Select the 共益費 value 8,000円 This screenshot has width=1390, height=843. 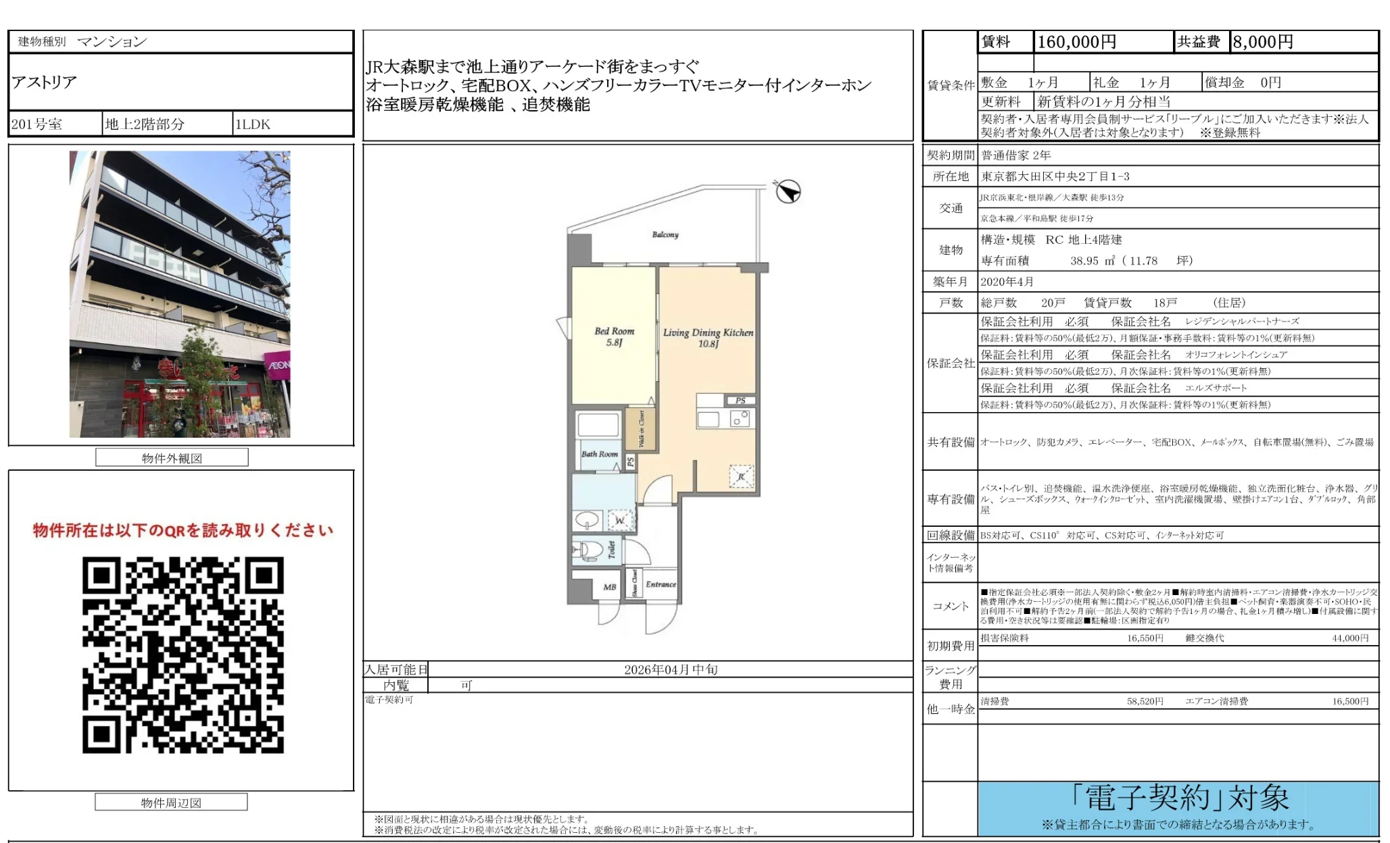point(1262,42)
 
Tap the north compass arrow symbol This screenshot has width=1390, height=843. point(788,192)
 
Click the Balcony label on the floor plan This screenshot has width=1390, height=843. point(665,234)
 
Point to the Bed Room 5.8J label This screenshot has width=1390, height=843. point(614,336)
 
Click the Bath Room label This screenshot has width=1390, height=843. point(600,454)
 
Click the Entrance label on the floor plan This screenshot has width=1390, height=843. point(661,584)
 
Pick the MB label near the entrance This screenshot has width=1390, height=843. point(609,587)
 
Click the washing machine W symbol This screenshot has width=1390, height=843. point(620,520)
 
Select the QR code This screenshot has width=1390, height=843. point(183,655)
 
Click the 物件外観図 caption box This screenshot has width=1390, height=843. point(172,458)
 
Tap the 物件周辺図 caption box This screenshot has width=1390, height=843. point(171,802)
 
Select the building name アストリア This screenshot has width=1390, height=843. point(45,82)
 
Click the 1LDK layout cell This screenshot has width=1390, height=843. point(253,124)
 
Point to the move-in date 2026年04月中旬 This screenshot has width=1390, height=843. point(670,669)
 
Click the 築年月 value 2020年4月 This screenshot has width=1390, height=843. point(1007,282)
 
